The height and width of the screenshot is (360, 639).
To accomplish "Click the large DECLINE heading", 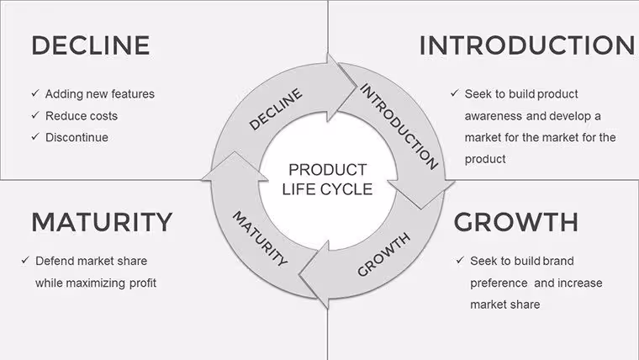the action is (x=91, y=45).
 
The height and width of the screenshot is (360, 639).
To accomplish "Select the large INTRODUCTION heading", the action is (x=527, y=45).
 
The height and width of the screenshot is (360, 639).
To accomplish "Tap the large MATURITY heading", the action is (x=102, y=222).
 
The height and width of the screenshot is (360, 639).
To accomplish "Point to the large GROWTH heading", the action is (x=516, y=222).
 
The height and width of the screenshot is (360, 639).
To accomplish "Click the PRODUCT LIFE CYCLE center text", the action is (x=327, y=179).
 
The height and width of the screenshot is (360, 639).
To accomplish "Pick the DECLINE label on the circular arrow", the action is (x=276, y=109).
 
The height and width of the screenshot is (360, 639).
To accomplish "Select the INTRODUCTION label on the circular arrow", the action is (x=399, y=126).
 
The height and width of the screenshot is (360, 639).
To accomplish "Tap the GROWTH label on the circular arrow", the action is (x=383, y=255).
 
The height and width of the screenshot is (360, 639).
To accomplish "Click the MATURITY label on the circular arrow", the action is (x=260, y=239).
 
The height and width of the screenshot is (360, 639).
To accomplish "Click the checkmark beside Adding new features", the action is (x=35, y=93).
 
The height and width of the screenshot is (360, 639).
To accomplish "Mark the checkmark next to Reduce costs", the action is (x=35, y=115).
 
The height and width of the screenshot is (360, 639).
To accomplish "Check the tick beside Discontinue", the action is (x=35, y=136).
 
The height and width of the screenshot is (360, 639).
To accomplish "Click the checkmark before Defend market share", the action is (x=26, y=260).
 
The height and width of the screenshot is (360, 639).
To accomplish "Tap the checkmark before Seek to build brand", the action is (x=461, y=260).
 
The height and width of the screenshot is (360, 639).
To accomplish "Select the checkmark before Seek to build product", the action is (x=455, y=93).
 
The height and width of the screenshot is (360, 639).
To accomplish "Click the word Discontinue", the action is (x=77, y=137).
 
